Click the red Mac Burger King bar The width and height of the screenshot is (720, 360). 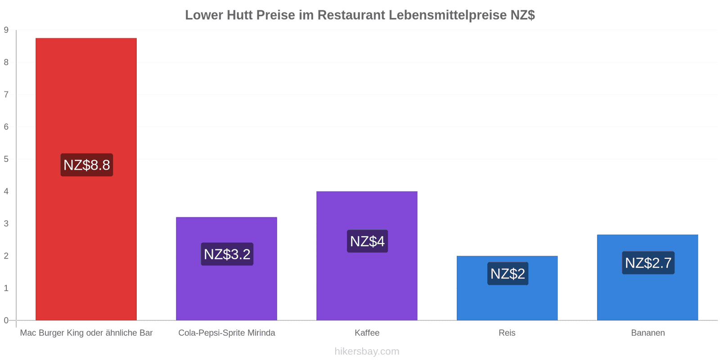86,179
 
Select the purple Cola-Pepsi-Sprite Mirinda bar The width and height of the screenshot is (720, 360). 227,269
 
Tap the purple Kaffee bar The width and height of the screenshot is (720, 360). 367,256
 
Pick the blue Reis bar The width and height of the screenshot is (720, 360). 507,288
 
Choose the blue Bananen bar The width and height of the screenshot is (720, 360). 648,277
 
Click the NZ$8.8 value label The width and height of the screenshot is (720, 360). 87,165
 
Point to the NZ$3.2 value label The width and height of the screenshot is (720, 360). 227,254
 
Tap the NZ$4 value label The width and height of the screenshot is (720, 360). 367,241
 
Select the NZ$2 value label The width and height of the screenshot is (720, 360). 508,274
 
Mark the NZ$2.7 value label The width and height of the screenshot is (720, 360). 648,263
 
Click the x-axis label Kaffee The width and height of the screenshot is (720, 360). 367,333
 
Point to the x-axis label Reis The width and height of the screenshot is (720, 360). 507,333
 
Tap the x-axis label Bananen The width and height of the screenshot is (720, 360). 648,333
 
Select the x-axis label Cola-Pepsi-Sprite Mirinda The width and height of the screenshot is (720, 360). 227,333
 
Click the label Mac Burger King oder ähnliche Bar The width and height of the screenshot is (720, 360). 86,333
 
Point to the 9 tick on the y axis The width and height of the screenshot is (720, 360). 6,30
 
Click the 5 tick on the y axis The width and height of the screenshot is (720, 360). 6,159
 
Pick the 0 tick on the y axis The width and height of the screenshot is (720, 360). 6,320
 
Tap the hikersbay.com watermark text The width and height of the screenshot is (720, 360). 367,351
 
